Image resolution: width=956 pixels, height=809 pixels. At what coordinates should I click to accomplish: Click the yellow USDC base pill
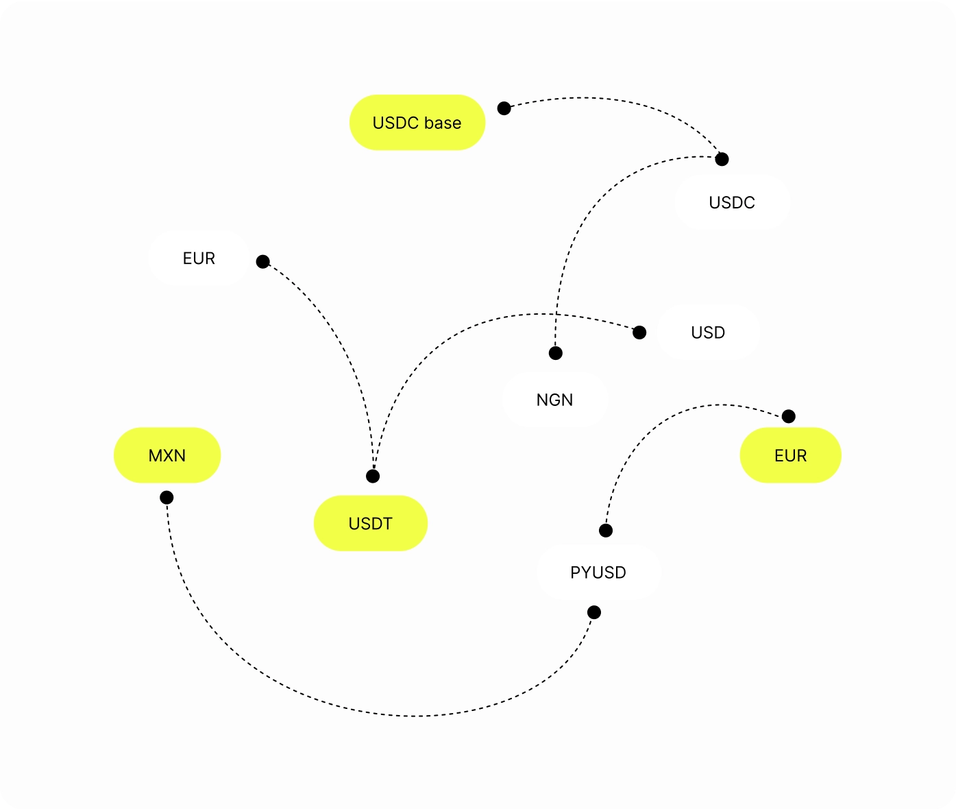pos(417,123)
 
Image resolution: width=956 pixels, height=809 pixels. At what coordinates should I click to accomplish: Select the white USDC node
pos(732,202)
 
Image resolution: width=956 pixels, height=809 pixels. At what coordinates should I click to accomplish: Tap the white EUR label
pos(199,258)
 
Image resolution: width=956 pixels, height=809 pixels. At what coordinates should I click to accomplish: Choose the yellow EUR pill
pos(790,455)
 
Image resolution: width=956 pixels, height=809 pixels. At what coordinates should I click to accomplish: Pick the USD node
pos(708,333)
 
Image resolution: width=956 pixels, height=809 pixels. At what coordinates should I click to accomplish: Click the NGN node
pos(554,400)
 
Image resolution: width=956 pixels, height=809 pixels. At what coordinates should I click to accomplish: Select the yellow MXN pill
pos(167,455)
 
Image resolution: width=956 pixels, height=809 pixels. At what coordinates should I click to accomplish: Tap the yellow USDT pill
pos(370,523)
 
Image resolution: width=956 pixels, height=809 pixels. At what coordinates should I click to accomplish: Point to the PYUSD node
pos(598,572)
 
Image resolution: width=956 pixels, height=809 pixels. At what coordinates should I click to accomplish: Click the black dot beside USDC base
pos(504,108)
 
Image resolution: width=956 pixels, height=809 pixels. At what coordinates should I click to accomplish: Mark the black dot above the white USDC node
pos(722,159)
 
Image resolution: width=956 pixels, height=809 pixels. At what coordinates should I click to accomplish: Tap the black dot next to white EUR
pos(262,261)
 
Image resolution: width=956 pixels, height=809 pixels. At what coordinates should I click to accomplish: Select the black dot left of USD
pos(639,333)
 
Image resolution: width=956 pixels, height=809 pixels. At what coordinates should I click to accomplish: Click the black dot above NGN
pos(556,353)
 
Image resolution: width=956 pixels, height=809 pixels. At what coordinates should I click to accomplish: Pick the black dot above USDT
pos(373,476)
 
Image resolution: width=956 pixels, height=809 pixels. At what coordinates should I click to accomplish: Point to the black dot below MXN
pos(167,497)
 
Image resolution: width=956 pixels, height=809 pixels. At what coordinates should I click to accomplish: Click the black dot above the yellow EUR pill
pos(789,416)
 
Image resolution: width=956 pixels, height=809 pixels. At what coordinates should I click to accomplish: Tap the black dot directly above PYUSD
pos(606,530)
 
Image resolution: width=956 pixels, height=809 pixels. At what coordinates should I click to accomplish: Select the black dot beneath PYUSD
pos(594,612)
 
